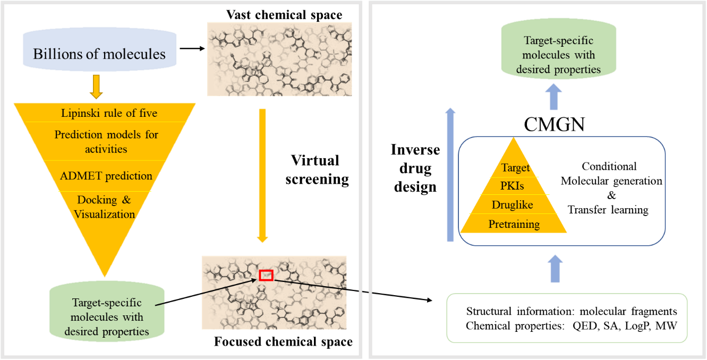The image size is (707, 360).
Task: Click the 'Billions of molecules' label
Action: [99, 54]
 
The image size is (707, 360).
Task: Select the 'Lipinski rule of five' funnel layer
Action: [109, 113]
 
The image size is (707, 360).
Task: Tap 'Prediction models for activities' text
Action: [106, 142]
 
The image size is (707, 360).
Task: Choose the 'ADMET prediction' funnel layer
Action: [106, 176]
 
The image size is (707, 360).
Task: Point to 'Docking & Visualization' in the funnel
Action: [105, 207]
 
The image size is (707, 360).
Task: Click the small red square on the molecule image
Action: [266, 275]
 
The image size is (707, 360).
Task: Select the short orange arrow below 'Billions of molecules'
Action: [96, 87]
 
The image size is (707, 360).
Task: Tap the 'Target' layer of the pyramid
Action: [515, 168]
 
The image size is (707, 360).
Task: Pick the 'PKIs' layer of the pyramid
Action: [513, 186]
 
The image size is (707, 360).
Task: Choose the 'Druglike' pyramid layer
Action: [513, 205]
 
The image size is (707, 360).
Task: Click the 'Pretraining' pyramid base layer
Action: [514, 224]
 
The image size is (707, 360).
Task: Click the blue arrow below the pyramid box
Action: [555, 268]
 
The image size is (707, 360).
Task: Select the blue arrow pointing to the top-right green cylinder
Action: [553, 98]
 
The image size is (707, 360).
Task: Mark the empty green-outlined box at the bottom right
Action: [567, 318]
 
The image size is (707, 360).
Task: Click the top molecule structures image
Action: [279, 59]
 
